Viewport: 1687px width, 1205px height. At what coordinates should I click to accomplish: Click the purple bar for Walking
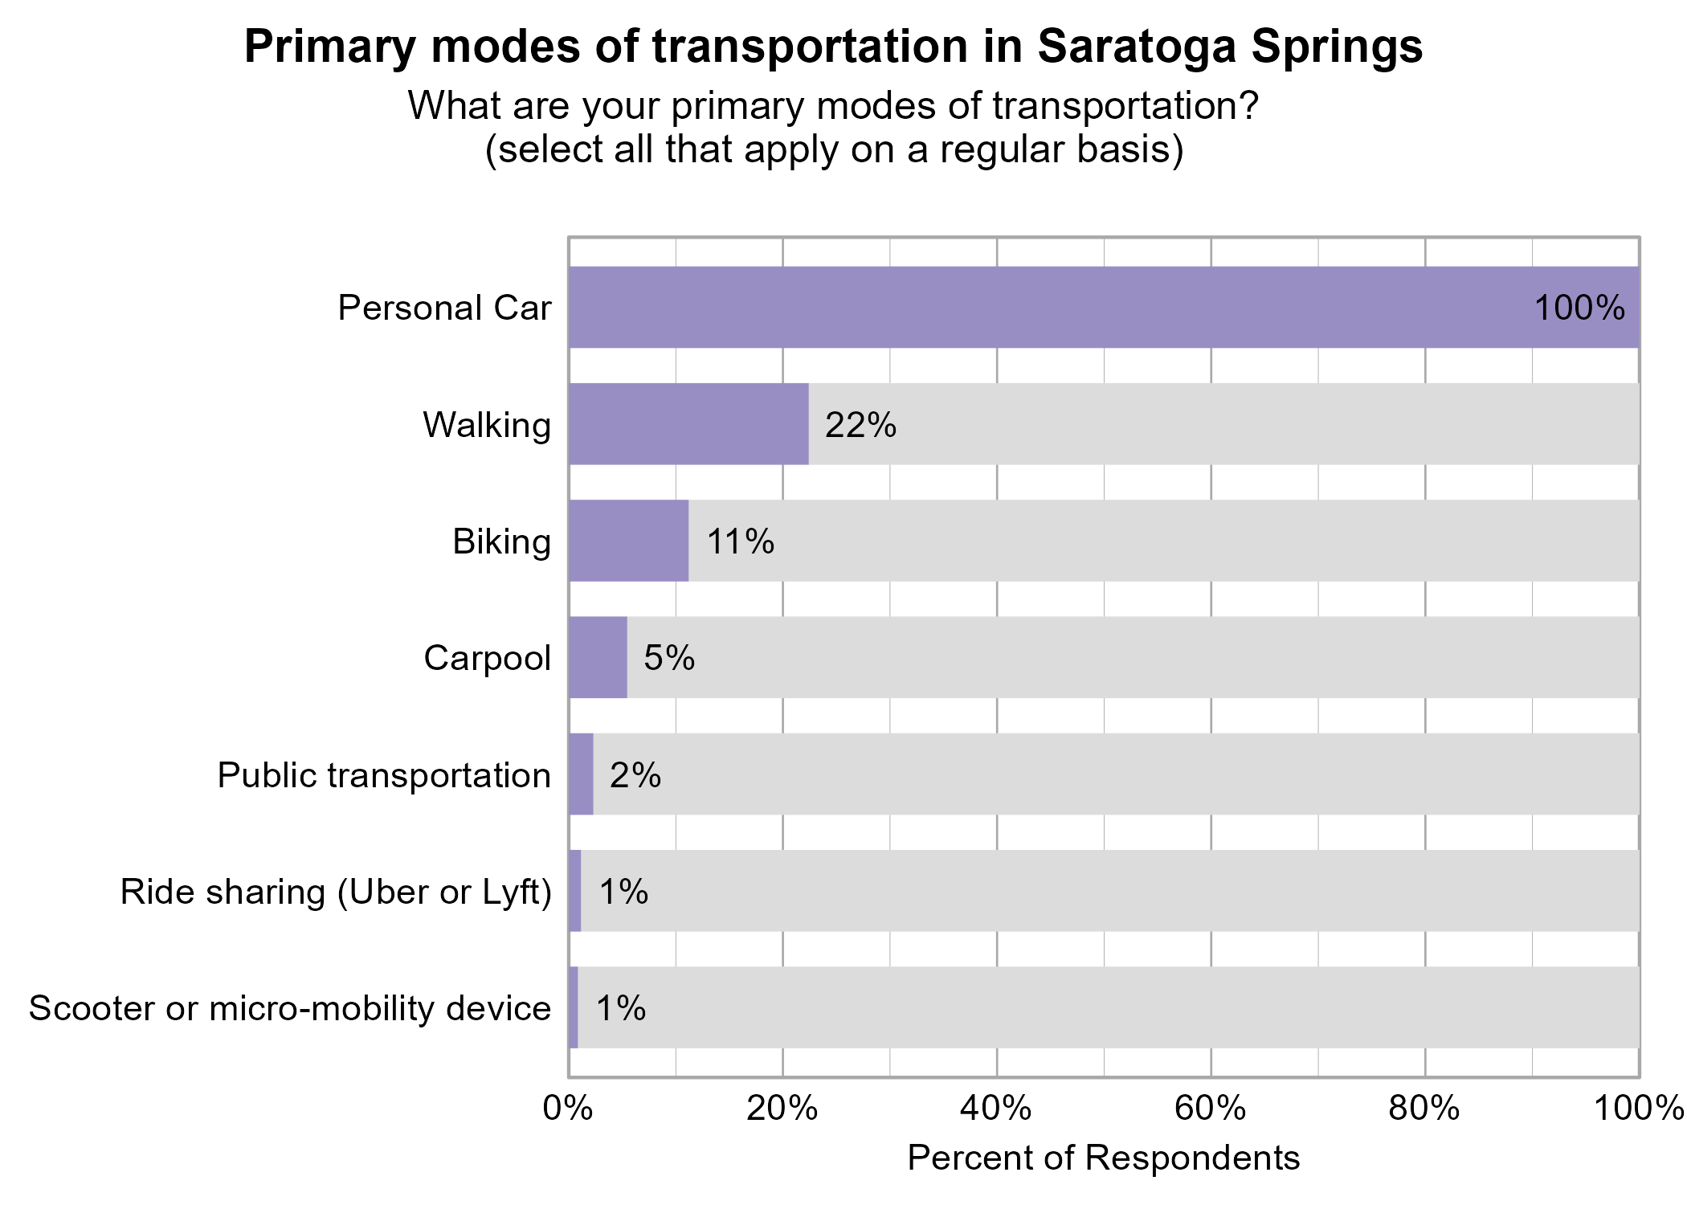(x=688, y=424)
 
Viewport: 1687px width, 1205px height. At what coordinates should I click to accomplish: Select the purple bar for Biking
(x=628, y=541)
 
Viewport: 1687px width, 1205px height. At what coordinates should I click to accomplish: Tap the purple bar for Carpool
(x=598, y=657)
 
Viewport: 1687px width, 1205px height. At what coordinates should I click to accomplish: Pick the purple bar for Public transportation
(x=581, y=774)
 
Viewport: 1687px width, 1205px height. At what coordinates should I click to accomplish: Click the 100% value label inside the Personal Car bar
(x=1579, y=308)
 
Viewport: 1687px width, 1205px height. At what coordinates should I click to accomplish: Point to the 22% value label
(x=860, y=425)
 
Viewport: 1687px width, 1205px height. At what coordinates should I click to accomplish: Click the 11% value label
(x=740, y=541)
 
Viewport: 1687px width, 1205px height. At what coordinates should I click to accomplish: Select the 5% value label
(x=669, y=658)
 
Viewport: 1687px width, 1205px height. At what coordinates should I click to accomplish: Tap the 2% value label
(x=635, y=775)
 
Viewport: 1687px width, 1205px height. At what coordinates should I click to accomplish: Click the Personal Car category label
(x=444, y=308)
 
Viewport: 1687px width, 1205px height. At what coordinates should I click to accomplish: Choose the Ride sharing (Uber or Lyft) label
(x=336, y=893)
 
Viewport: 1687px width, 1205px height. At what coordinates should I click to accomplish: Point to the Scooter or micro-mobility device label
(x=290, y=1009)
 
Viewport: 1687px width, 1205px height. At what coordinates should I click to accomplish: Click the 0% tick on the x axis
(x=568, y=1109)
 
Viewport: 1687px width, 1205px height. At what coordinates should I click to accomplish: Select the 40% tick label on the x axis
(x=996, y=1109)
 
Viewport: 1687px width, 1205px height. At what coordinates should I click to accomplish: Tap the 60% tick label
(x=1211, y=1109)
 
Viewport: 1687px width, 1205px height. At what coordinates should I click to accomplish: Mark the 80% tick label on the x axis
(x=1424, y=1109)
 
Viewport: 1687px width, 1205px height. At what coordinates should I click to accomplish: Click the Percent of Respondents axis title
(x=1103, y=1158)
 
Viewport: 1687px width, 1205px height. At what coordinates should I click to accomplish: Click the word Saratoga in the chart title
(x=1137, y=47)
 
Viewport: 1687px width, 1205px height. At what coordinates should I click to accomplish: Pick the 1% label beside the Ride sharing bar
(x=623, y=892)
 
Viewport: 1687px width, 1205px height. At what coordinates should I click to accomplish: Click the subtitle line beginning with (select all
(x=834, y=149)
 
